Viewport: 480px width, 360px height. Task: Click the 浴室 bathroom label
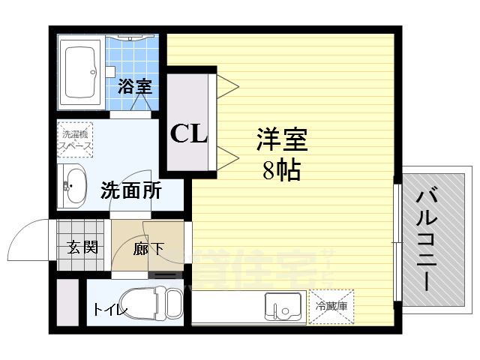tap(135, 86)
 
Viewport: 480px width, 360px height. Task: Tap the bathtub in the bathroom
tap(80, 72)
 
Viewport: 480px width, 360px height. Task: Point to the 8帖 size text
tap(282, 171)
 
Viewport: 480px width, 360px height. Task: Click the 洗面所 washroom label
tap(131, 190)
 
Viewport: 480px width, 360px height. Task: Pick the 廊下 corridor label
tap(148, 249)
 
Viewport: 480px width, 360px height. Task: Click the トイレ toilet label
tap(111, 309)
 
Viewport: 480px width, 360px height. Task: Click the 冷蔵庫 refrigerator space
tap(331, 306)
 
